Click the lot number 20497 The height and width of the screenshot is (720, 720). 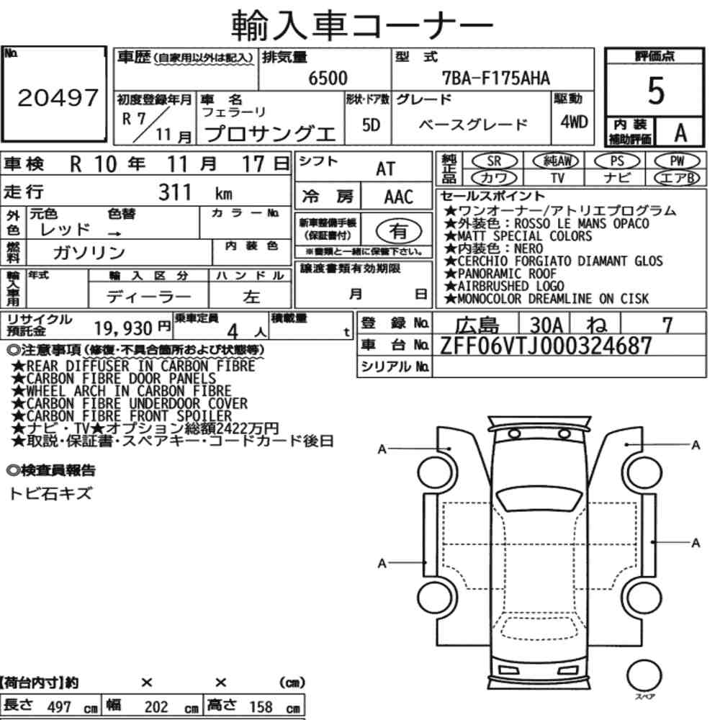coord(58,97)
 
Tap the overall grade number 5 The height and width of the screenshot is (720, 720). coord(656,91)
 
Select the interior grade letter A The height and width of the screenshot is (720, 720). coord(680,132)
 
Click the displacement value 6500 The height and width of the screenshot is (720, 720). coord(328,78)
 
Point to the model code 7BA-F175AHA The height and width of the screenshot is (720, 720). coord(495,78)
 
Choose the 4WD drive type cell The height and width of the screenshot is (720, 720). coord(574,122)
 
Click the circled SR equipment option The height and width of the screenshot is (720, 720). coord(494,161)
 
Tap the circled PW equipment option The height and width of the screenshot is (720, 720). coord(677,161)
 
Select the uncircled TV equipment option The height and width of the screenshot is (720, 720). coord(557,177)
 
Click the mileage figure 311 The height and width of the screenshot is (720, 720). coord(175,192)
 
